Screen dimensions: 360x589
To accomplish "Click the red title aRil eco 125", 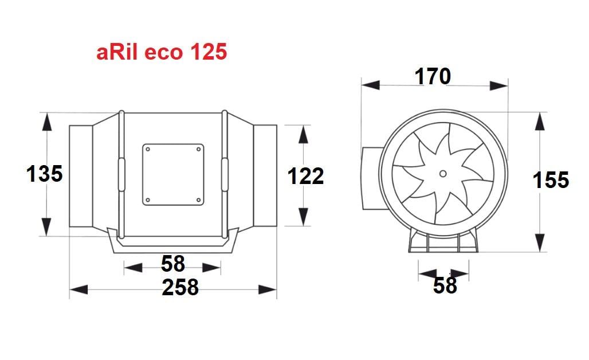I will pos(162,53).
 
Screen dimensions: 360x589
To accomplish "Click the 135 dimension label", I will pos(45,173).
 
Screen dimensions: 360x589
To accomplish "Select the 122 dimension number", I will pos(305,176).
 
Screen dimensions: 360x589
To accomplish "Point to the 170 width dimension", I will pos(433,76).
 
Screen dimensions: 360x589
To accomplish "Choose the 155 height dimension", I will pos(551,180).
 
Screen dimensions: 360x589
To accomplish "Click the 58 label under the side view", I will pos(173,264).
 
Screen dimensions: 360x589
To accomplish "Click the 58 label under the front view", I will pos(445,285).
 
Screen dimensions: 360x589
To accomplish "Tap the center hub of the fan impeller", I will pos(443,173).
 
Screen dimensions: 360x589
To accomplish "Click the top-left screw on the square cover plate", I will pos(148,149).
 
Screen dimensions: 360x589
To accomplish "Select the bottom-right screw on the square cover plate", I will pos(198,199).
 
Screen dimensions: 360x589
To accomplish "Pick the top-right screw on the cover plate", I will pos(198,149).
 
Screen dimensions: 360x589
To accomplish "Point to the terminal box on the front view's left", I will pos(370,178).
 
